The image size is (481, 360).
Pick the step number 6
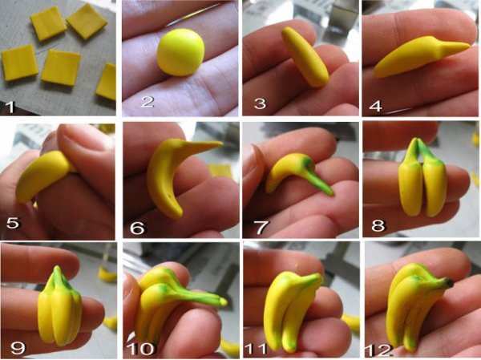click(136, 228)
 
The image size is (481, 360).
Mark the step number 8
click(375, 227)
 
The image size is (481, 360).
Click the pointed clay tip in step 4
click(457, 49)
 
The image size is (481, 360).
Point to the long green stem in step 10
click(204, 298)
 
